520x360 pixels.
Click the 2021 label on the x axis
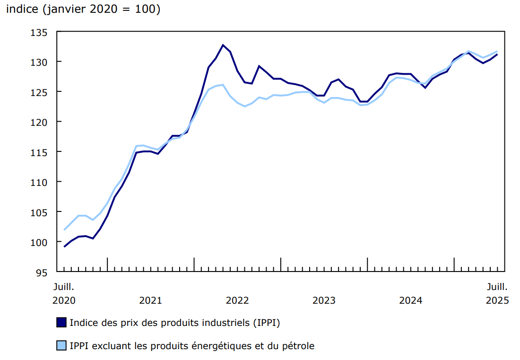tap(150, 300)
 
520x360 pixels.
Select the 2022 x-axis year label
tap(237, 300)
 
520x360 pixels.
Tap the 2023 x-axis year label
tap(324, 300)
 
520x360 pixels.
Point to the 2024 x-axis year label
tap(410, 300)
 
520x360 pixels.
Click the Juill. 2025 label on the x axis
tap(497, 293)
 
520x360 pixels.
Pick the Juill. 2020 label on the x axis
tap(64, 293)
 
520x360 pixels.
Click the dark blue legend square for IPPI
tap(61, 323)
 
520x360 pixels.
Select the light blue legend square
tap(61, 346)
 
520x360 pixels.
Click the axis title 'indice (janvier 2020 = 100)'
tap(83, 9)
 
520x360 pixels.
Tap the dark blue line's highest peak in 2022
tap(223, 45)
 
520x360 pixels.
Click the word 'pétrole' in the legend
tap(298, 346)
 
